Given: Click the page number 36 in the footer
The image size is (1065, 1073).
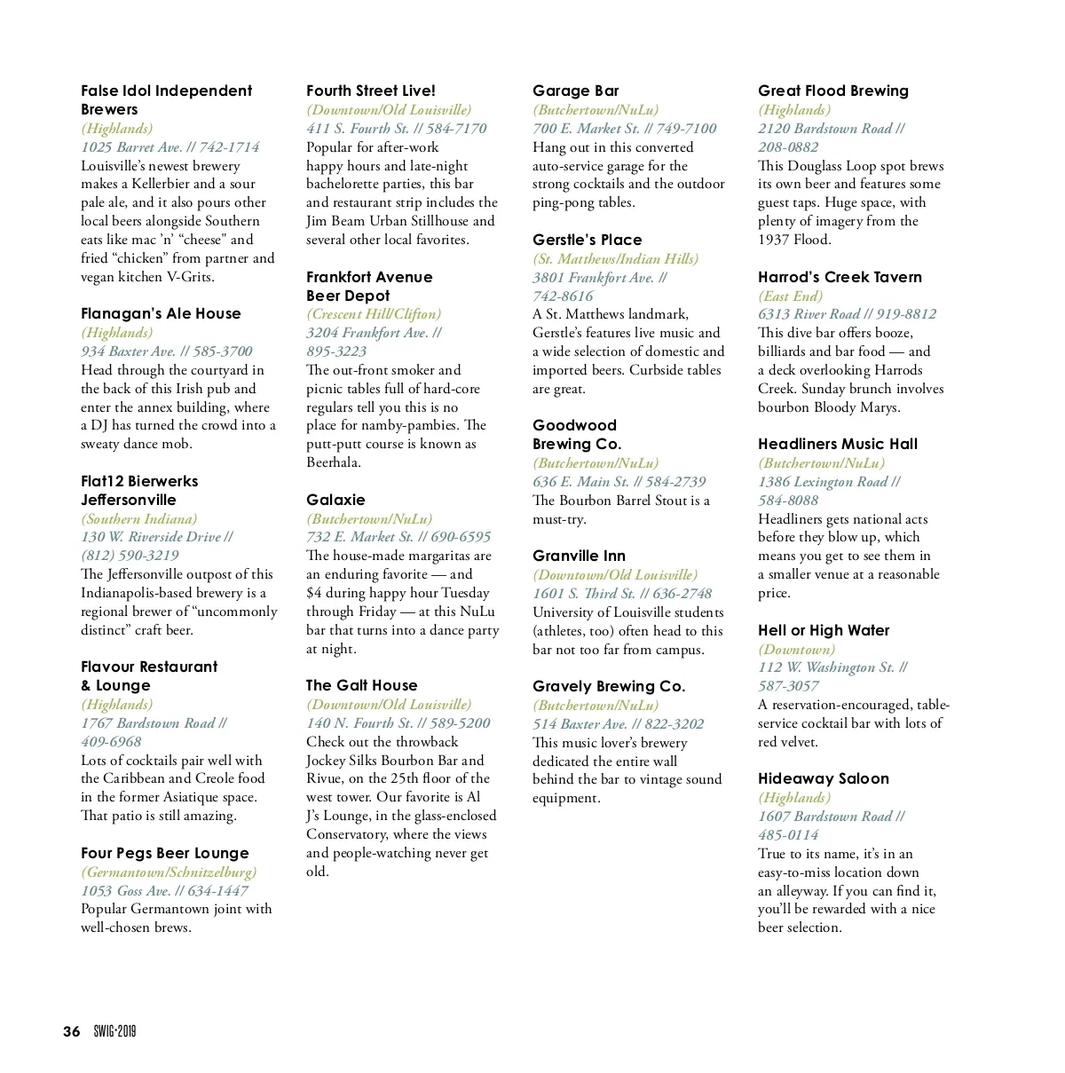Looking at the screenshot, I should (71, 1031).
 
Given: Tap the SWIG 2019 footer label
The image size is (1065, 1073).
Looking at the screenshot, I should (114, 1031).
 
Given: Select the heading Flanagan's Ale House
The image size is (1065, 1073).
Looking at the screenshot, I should (161, 313).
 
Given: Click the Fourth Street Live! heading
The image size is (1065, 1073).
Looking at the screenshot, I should (371, 91).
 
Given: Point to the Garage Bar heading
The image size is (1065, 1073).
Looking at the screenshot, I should (575, 91).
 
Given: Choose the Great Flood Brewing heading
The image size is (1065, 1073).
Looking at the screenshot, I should (832, 91).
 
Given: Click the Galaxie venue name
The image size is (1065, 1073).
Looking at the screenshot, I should (335, 500).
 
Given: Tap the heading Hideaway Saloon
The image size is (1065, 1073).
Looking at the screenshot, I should (823, 778).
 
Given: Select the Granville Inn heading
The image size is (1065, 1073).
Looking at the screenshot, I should (579, 556).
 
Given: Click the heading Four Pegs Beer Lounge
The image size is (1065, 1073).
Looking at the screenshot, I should (165, 853).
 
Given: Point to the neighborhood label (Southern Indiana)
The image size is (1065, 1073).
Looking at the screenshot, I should (138, 518).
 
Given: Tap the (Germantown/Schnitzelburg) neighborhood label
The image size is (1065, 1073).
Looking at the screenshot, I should (169, 872).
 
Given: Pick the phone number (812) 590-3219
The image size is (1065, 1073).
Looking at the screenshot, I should (130, 556).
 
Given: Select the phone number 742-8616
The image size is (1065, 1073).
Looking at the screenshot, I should (563, 296).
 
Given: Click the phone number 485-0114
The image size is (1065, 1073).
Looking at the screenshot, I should (788, 834).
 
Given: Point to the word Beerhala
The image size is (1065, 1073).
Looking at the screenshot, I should (334, 462).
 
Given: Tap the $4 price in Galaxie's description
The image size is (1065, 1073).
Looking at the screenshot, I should (314, 593).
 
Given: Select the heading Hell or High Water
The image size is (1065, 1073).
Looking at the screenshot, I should (823, 630).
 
